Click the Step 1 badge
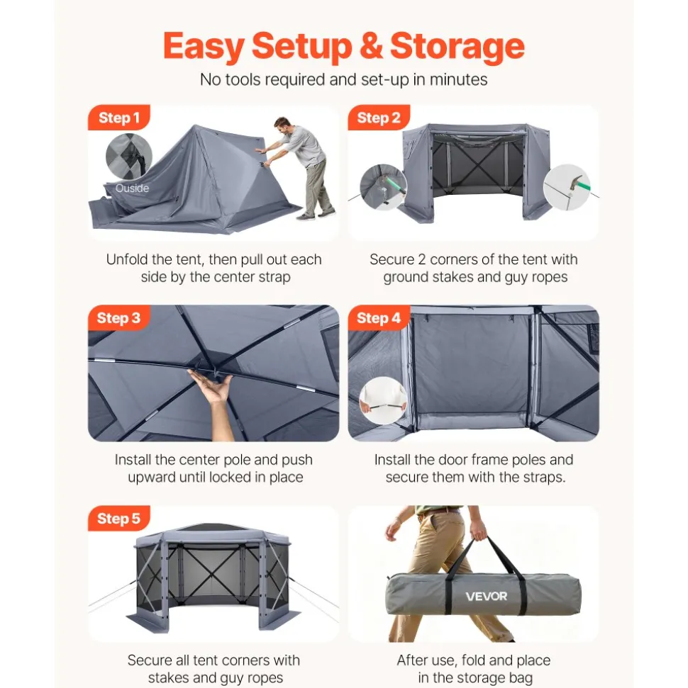pyautogui.click(x=119, y=118)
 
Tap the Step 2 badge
pyautogui.click(x=379, y=118)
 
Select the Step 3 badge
pyautogui.click(x=118, y=317)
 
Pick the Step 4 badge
pyautogui.click(x=379, y=317)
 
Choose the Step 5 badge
pyautogui.click(x=118, y=518)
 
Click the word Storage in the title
pyautogui.click(x=457, y=47)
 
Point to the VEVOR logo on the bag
pyautogui.click(x=487, y=597)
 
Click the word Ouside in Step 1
pyautogui.click(x=132, y=188)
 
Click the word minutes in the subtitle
pyautogui.click(x=458, y=80)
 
